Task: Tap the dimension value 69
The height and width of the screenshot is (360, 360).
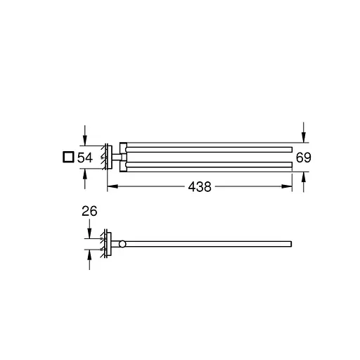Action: click(x=303, y=157)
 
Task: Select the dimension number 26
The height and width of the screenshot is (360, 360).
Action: click(x=89, y=210)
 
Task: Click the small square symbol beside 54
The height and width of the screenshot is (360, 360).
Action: click(x=67, y=157)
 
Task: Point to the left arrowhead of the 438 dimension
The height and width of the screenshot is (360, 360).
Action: click(x=110, y=187)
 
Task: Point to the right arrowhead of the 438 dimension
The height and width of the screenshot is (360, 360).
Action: click(x=289, y=187)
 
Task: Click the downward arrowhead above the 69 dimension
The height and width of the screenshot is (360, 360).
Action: click(x=303, y=138)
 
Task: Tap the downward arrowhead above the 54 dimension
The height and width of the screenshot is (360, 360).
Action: click(x=85, y=141)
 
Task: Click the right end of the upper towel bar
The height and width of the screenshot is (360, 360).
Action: click(x=290, y=148)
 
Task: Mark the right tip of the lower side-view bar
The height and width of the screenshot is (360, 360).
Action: click(x=290, y=245)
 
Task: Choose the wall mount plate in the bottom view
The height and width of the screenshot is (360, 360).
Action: click(x=106, y=245)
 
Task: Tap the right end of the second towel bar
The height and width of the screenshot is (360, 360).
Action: click(x=290, y=165)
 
